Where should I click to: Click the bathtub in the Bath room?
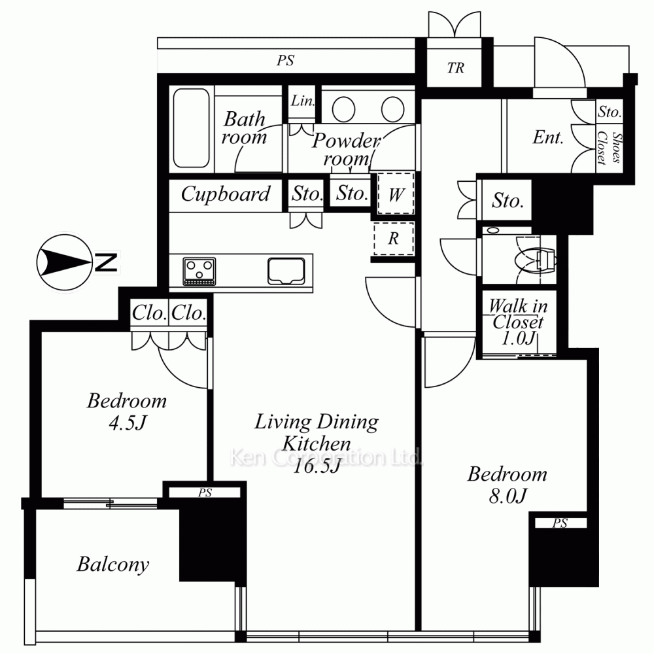192,128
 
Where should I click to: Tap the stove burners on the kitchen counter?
199,271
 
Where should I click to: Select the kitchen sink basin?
286,271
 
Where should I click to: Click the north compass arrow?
65,262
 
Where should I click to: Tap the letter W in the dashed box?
396,194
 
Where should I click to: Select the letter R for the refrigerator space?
393,238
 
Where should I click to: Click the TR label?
455,67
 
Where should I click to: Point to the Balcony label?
112,565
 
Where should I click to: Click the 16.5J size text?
317,465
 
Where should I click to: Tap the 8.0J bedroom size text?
508,496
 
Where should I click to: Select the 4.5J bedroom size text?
128,422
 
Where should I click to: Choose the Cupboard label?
225,194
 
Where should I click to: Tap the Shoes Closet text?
609,148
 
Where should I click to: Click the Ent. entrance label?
548,137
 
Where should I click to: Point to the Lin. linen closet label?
303,101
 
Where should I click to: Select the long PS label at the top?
285,60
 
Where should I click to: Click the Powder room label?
346,149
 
